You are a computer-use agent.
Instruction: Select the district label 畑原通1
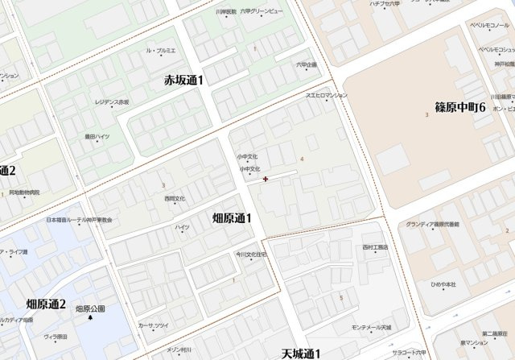pos(232,217)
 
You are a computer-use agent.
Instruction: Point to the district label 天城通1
pos(302,354)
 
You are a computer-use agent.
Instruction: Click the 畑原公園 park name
pos(90,308)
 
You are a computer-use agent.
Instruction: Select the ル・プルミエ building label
pos(160,50)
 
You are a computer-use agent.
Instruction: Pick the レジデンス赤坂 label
pos(112,102)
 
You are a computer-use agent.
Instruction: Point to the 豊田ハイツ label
pos(97,137)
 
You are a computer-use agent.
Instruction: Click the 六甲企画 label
pos(306,64)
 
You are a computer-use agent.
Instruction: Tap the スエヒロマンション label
pos(326,96)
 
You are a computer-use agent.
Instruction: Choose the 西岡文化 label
pos(175,198)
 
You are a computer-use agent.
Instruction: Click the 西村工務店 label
pos(375,246)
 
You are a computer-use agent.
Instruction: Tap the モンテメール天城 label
pos(371,328)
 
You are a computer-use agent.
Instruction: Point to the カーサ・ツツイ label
pos(153,325)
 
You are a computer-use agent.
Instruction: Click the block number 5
pos(341,298)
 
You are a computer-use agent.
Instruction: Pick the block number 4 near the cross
pos(302,159)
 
